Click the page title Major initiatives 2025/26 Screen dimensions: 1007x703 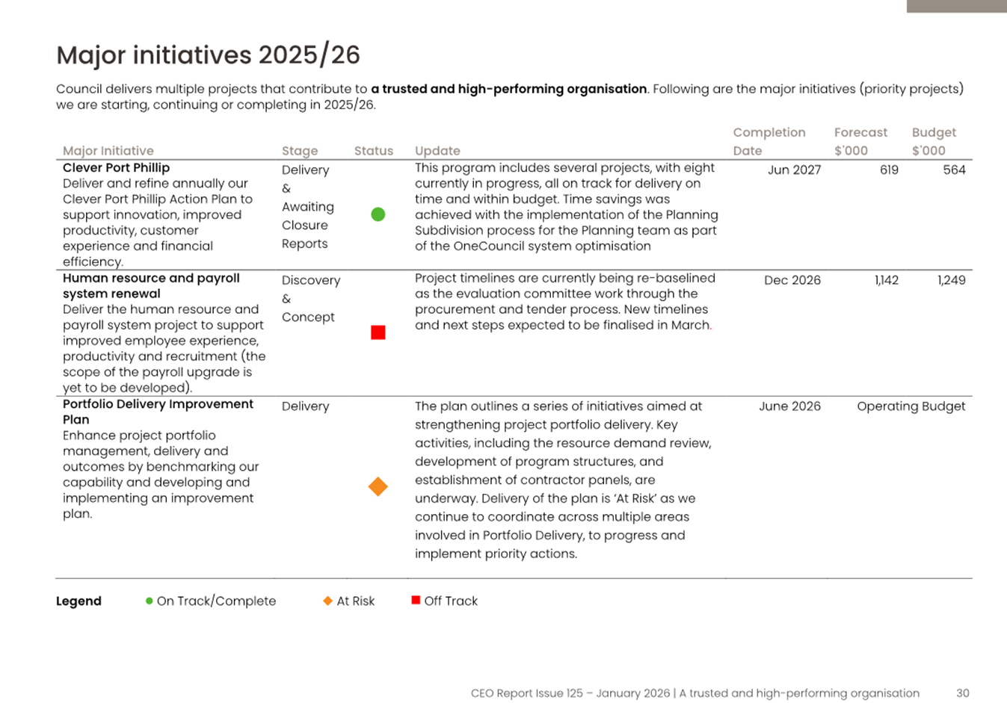coord(208,55)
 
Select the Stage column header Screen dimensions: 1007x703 coord(300,151)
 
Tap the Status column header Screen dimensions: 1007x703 coord(374,150)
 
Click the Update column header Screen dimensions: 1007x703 coord(437,151)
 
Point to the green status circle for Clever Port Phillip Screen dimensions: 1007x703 coord(378,214)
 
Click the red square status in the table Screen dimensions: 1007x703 coord(378,332)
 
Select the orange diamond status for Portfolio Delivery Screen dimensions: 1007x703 coord(378,486)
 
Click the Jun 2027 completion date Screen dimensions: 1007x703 coord(794,170)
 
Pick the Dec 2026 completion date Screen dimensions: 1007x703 coord(792,280)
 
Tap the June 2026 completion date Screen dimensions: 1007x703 coord(790,406)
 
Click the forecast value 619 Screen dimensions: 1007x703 coord(889,170)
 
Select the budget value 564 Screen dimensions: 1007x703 coord(954,170)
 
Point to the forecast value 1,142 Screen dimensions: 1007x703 coord(887,280)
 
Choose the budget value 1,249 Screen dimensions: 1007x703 coord(951,280)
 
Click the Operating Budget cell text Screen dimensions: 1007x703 coord(911,406)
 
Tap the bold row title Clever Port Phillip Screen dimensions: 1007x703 coord(116,168)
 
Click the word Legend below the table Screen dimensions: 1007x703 coord(78,601)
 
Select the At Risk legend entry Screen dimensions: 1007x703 coord(349,601)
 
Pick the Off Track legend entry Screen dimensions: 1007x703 coord(445,601)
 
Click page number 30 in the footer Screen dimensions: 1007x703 coord(962,693)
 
